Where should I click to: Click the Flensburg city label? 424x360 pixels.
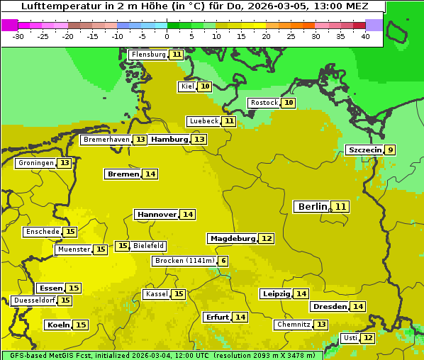tap(149, 55)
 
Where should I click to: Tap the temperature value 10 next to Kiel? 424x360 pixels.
tap(205, 86)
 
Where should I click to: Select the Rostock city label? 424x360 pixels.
tap(264, 103)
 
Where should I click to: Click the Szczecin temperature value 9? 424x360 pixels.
tap(391, 150)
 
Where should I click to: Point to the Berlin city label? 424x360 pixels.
tap(313, 206)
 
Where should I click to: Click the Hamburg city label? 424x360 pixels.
tap(169, 140)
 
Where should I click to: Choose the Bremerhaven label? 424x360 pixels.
tap(106, 140)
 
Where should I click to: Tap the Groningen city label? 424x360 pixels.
tap(36, 163)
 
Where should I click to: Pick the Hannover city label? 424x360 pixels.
tap(157, 214)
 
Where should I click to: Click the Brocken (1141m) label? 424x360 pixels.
tap(184, 261)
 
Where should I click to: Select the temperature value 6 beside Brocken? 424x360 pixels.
tap(223, 261)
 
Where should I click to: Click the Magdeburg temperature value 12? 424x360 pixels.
tap(267, 238)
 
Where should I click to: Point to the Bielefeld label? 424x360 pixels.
tap(149, 246)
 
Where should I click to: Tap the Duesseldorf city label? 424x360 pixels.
tap(34, 300)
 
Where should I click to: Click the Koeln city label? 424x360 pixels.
tap(58, 325)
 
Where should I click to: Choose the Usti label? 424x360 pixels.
tap(350, 338)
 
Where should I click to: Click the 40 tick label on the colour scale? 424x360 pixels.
tap(365, 36)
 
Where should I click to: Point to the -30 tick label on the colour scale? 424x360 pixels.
tap(18, 36)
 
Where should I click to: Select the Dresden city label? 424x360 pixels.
tap(330, 307)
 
